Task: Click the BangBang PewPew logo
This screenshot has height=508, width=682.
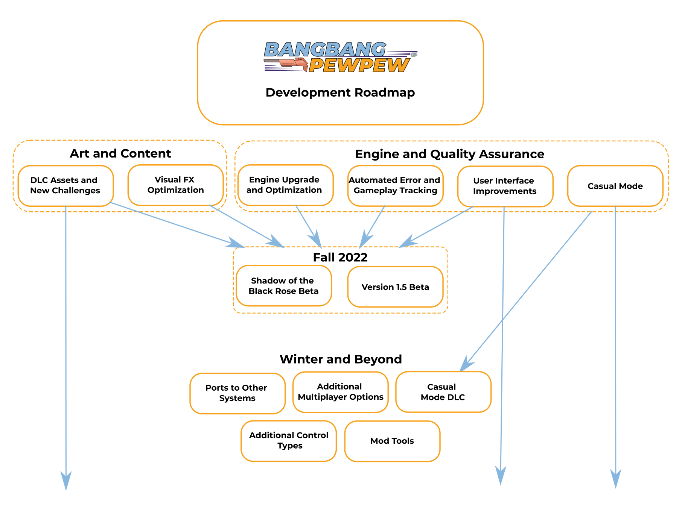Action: click(x=341, y=57)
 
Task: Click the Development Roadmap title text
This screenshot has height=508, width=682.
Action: click(x=340, y=93)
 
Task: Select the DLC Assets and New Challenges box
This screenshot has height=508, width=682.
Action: click(x=65, y=186)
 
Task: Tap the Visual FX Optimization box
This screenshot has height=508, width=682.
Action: click(x=175, y=185)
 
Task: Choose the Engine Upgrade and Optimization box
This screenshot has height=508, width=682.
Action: click(x=285, y=185)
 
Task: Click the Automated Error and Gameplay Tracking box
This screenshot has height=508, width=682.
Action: click(x=395, y=186)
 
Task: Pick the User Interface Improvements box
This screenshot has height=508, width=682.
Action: click(x=505, y=186)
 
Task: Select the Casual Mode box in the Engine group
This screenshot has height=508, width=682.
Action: click(x=615, y=186)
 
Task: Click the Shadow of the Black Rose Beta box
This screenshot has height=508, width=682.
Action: click(x=284, y=286)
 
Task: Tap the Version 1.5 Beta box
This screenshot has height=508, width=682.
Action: click(x=395, y=287)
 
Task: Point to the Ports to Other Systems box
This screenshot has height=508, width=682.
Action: click(x=237, y=393)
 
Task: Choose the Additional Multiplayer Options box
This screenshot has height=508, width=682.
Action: click(x=340, y=392)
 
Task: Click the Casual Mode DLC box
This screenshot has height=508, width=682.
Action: click(x=443, y=392)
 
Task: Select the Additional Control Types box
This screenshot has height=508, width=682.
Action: click(x=289, y=441)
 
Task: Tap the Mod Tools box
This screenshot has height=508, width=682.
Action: click(x=392, y=441)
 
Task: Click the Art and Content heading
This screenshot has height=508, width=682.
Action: click(x=120, y=153)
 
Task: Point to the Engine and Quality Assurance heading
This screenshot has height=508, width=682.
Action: click(x=449, y=154)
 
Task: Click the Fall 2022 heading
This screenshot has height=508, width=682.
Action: click(x=340, y=257)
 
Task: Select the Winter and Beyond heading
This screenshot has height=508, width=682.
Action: click(x=341, y=359)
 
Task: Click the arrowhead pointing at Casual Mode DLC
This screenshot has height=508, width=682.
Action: click(x=466, y=364)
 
